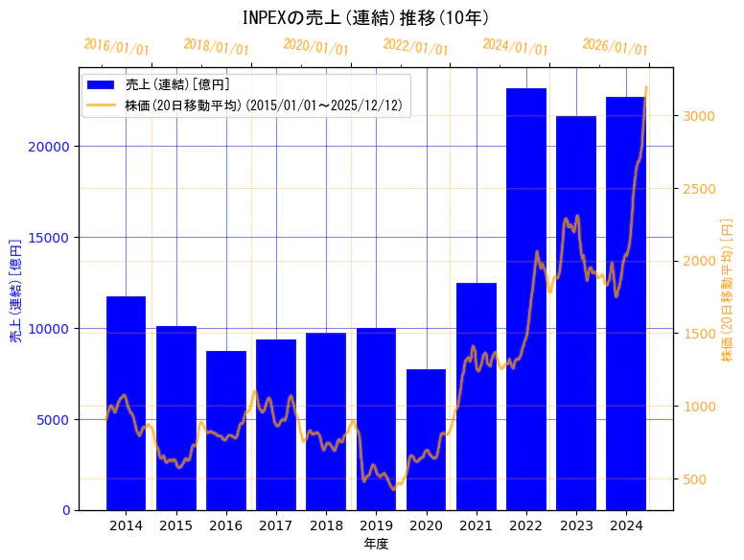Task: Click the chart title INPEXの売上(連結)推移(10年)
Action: pyautogui.click(x=365, y=17)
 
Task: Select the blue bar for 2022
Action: pyautogui.click(x=526, y=298)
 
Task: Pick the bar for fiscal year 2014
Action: pyautogui.click(x=126, y=403)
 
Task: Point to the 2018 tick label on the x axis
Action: pyautogui.click(x=326, y=525)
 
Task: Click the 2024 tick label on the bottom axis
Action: pyautogui.click(x=626, y=525)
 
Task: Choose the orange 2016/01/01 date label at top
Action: pyautogui.click(x=116, y=46)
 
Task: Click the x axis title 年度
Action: pyautogui.click(x=376, y=544)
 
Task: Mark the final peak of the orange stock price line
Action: pyautogui.click(x=645, y=87)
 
